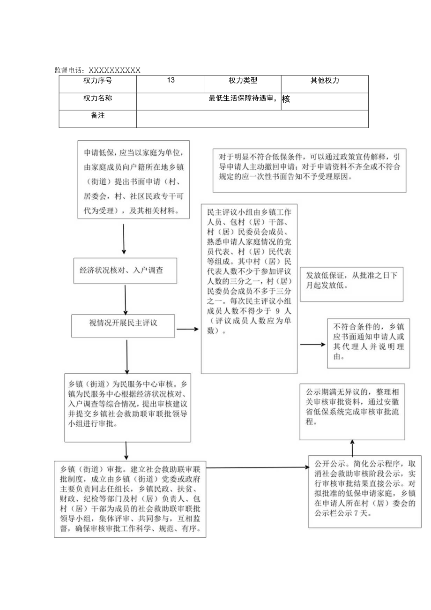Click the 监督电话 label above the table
(x=97, y=70)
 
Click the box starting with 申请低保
(x=134, y=179)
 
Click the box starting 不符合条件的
(x=368, y=342)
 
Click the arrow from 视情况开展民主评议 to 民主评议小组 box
(x=188, y=329)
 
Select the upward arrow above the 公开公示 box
(x=352, y=447)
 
